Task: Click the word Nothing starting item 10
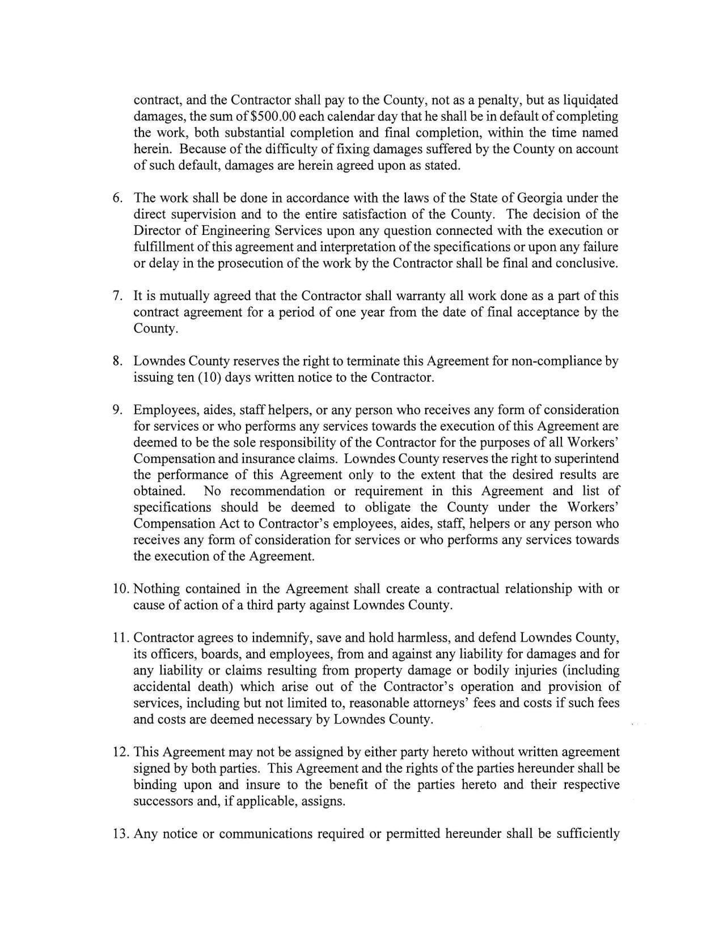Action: coord(157,589)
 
